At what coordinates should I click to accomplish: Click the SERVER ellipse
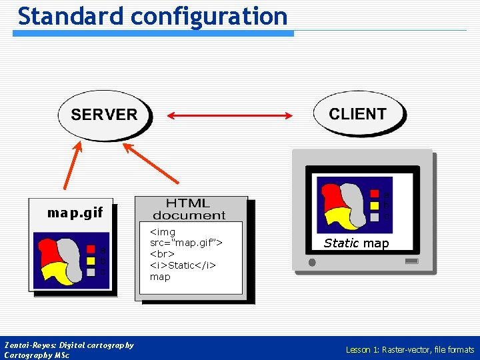coord(104,115)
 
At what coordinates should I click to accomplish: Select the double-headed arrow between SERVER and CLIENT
coord(229,116)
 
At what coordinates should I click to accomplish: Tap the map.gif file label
coord(75,213)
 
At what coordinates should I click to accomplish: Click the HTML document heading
coord(189,209)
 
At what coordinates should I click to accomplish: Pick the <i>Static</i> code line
coord(182,265)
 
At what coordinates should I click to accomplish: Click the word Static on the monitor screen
coord(341,243)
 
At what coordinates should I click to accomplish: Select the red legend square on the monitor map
coord(374,195)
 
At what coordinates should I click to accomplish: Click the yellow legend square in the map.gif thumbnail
coord(91,261)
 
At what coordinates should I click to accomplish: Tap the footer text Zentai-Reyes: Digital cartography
coord(69,345)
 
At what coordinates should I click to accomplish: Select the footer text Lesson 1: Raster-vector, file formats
coord(409,349)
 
